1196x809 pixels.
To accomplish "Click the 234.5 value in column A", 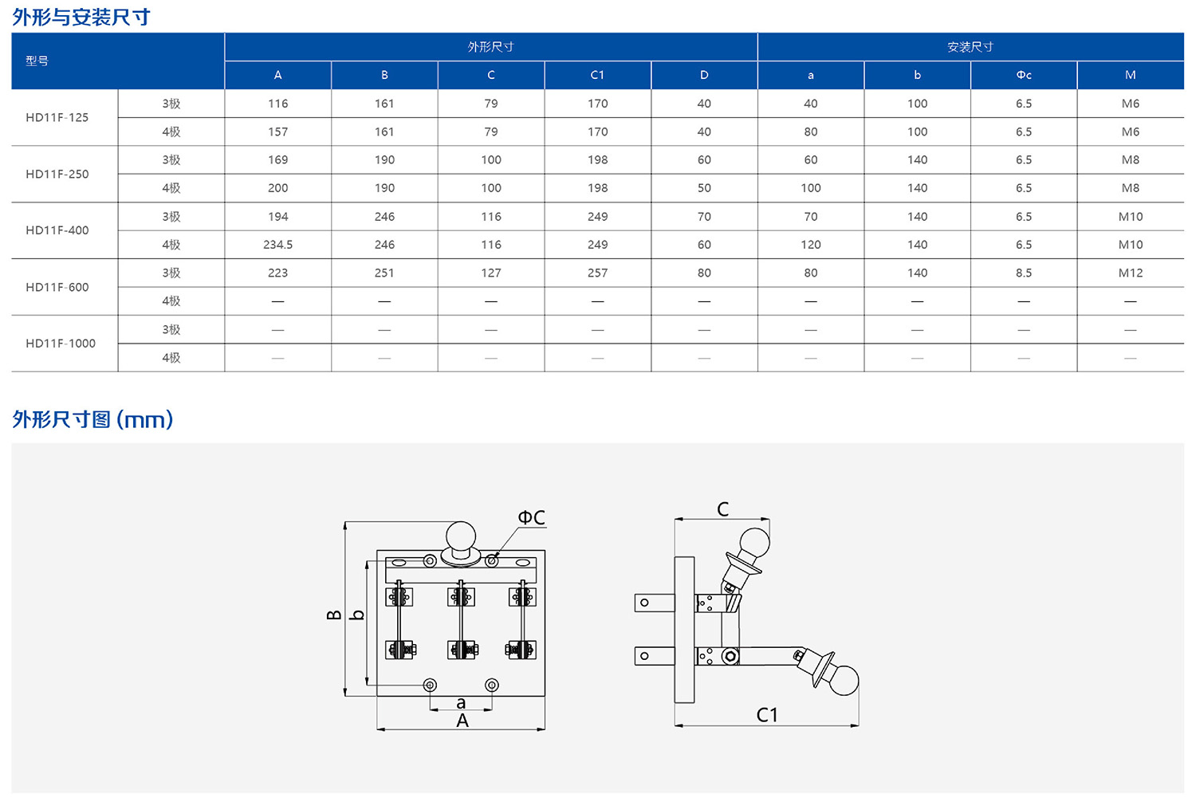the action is [277, 245].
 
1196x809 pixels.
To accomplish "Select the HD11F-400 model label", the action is [57, 230].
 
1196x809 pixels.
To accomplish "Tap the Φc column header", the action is [1024, 75].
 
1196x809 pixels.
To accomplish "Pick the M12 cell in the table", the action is [1131, 273].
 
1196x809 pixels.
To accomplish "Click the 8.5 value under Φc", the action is [1024, 273].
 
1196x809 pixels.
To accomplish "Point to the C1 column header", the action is [597, 75].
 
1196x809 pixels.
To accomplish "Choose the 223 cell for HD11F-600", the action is [277, 273].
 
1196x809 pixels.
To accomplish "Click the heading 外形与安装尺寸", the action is [81, 17].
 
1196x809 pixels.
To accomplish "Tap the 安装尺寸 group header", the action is [970, 47].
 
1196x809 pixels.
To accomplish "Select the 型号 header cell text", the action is [37, 61].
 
